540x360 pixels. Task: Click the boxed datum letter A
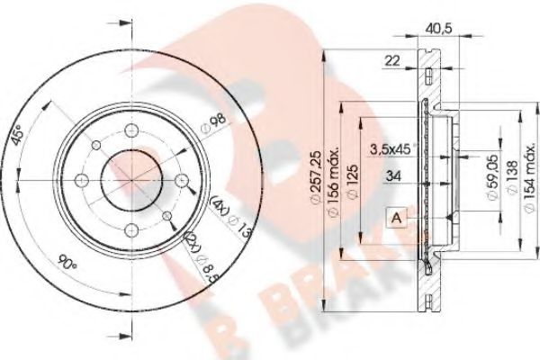(x=395, y=216)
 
